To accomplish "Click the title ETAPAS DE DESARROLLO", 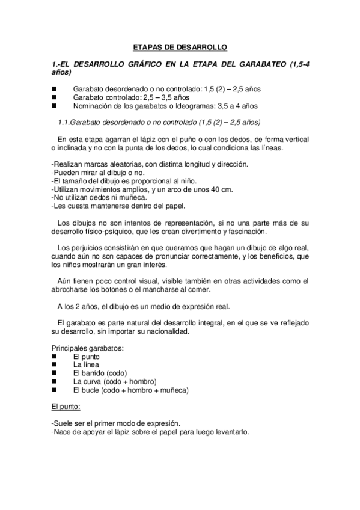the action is [x=180, y=47].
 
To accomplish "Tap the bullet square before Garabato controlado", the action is [x=54, y=97].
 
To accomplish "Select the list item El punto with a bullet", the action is [x=86, y=356].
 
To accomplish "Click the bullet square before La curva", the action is [x=54, y=381].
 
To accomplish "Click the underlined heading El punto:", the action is [x=70, y=407].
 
